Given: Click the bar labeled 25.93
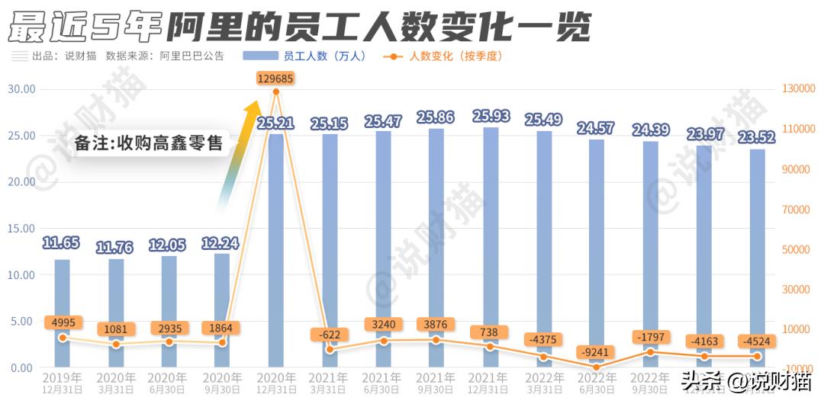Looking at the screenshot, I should pyautogui.click(x=490, y=244).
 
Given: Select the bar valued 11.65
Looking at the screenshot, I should pyautogui.click(x=62, y=313).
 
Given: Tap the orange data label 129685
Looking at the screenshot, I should pyautogui.click(x=275, y=79).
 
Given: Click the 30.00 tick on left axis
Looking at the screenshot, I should pyautogui.click(x=21, y=88).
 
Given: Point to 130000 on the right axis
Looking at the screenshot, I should pyautogui.click(x=799, y=88).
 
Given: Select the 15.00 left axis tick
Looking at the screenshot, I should pyautogui.click(x=21, y=228).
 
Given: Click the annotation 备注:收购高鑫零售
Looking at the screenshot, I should pyautogui.click(x=149, y=143).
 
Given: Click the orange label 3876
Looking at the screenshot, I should pyautogui.click(x=436, y=324).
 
